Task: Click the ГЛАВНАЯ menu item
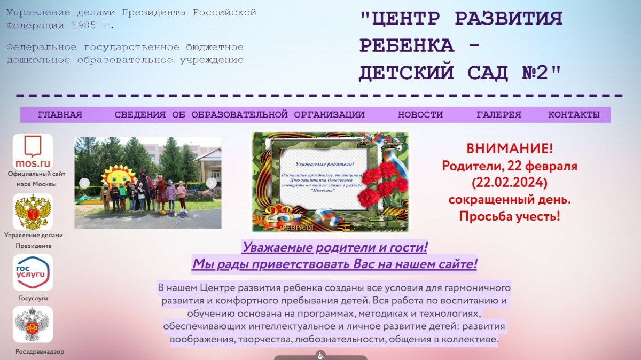60,115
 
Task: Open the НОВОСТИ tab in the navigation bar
420,115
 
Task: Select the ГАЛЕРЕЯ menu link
499,115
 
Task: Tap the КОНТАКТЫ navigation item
574,115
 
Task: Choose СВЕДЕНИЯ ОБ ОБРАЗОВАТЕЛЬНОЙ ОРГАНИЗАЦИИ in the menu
239,115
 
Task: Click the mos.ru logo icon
33,152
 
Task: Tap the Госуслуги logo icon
33,273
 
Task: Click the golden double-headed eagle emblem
33,212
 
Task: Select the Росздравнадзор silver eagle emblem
33,325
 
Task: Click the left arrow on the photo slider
84,183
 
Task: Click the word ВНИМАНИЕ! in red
510,148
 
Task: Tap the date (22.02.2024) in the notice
510,182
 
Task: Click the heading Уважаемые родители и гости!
335,247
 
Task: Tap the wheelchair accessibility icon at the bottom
320,355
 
